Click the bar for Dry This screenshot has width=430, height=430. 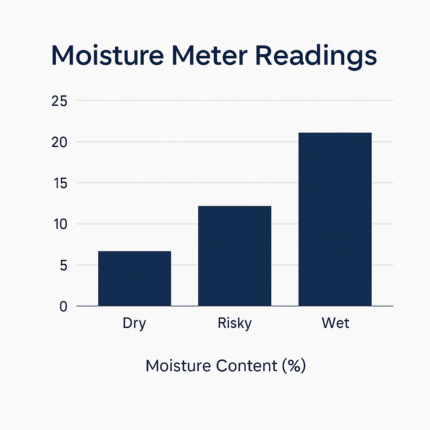click(135, 278)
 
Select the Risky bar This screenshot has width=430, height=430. click(235, 256)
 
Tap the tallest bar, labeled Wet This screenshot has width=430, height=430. click(335, 219)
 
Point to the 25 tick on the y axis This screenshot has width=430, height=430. click(59, 101)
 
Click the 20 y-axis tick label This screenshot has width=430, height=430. click(59, 142)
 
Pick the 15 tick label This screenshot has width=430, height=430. click(60, 183)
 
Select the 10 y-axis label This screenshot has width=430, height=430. click(60, 224)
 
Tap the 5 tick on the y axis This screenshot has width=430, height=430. click(63, 265)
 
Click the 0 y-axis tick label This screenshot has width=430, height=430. click(63, 307)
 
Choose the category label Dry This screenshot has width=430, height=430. click(134, 324)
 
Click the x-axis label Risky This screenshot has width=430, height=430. click(235, 324)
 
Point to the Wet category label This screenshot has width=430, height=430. click(335, 323)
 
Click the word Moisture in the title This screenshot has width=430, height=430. click(107, 56)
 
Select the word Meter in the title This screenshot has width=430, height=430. click(210, 56)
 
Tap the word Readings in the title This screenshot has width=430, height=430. click(316, 57)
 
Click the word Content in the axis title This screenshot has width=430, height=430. click(246, 366)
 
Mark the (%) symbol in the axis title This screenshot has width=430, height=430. click(294, 366)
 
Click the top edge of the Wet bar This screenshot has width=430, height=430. click(335, 133)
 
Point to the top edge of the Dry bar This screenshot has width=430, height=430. click(135, 251)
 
